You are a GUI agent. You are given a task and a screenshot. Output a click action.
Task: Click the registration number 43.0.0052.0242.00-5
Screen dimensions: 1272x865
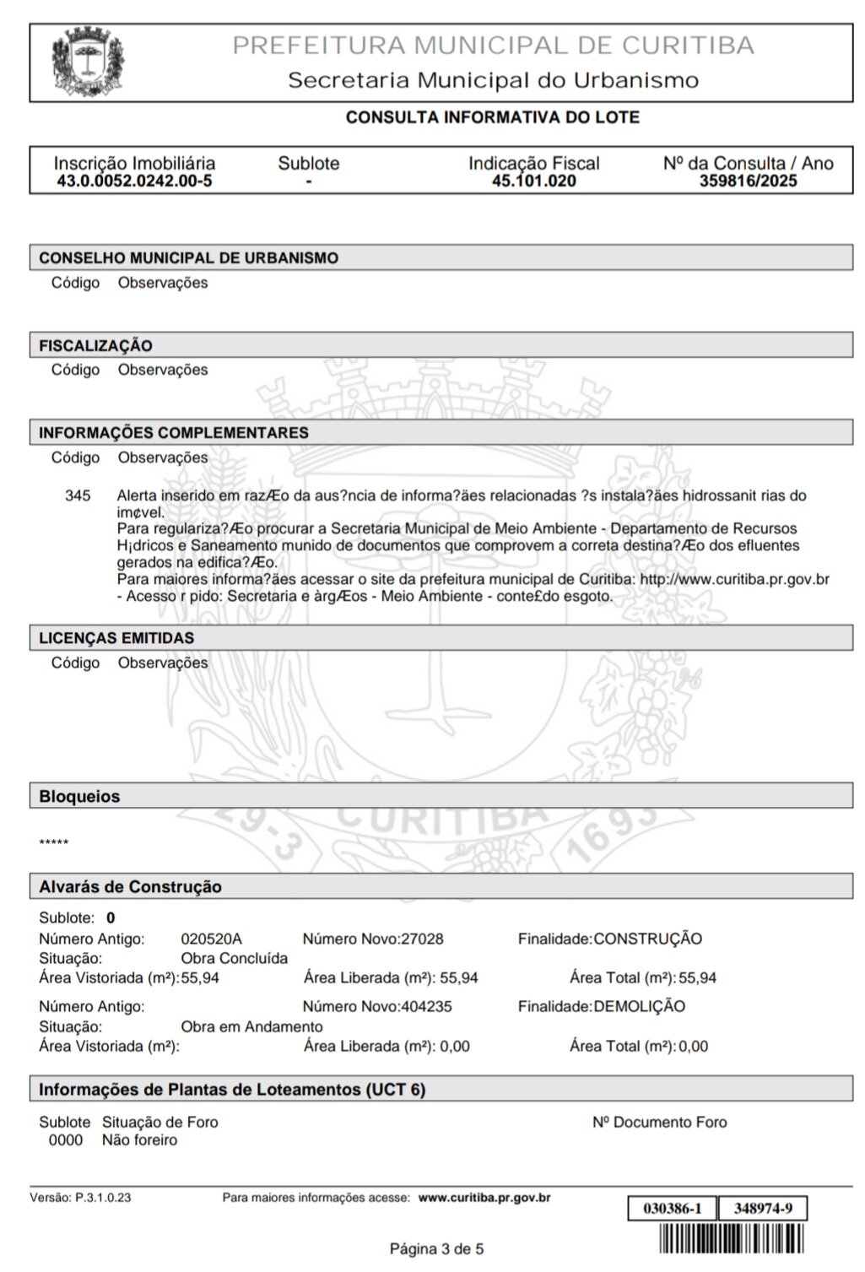[x=134, y=181]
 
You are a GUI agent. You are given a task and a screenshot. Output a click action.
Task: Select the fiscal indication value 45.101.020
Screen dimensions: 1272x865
[x=533, y=181]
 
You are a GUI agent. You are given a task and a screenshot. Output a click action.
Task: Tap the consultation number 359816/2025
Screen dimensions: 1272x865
[x=748, y=181]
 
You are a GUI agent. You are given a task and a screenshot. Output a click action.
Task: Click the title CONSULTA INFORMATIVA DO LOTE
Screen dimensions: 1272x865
[x=492, y=117]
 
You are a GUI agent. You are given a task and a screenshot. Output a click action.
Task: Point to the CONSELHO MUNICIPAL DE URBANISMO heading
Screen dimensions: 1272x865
[x=188, y=258]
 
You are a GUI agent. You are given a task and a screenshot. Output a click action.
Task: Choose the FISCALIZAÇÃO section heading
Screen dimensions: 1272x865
[x=95, y=346]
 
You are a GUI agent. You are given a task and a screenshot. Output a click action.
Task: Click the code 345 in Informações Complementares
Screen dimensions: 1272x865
[x=78, y=495]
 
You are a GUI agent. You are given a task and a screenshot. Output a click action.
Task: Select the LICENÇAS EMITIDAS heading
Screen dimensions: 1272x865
[x=116, y=638]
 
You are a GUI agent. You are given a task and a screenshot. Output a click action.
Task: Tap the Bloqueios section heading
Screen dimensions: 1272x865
[x=79, y=797]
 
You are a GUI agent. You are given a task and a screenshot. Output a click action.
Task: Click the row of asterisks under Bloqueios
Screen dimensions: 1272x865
[x=54, y=843]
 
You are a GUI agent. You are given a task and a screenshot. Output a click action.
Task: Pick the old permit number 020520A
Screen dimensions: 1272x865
[x=211, y=939]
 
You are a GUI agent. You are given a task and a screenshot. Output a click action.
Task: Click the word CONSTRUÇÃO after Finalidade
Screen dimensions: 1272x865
[x=647, y=939]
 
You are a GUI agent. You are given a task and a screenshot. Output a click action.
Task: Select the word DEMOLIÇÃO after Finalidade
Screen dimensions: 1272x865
[x=639, y=1006]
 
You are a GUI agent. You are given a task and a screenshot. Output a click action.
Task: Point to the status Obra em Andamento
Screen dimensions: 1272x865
[x=251, y=1027]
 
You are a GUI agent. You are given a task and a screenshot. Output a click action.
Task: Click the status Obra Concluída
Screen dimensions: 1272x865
[x=234, y=959]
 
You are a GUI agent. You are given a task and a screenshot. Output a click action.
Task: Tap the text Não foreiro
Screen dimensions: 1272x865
[x=139, y=1140]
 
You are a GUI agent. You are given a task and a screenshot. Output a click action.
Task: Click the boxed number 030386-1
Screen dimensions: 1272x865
[x=672, y=1209]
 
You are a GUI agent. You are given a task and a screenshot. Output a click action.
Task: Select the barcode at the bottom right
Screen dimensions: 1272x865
[x=731, y=1238]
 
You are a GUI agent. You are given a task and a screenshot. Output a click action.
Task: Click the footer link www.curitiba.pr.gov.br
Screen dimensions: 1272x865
[x=484, y=1198]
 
